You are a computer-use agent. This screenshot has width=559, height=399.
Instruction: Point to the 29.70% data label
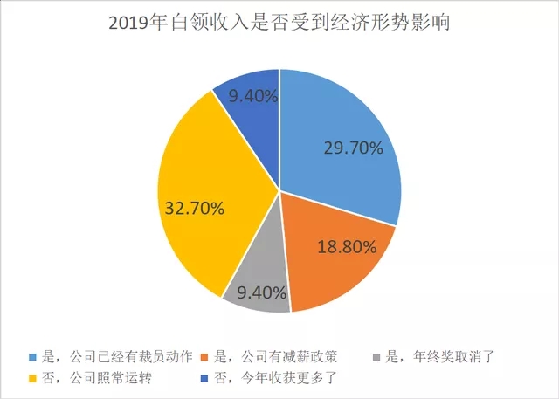[353, 148]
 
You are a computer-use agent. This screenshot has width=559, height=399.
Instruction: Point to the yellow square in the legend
[35, 379]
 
